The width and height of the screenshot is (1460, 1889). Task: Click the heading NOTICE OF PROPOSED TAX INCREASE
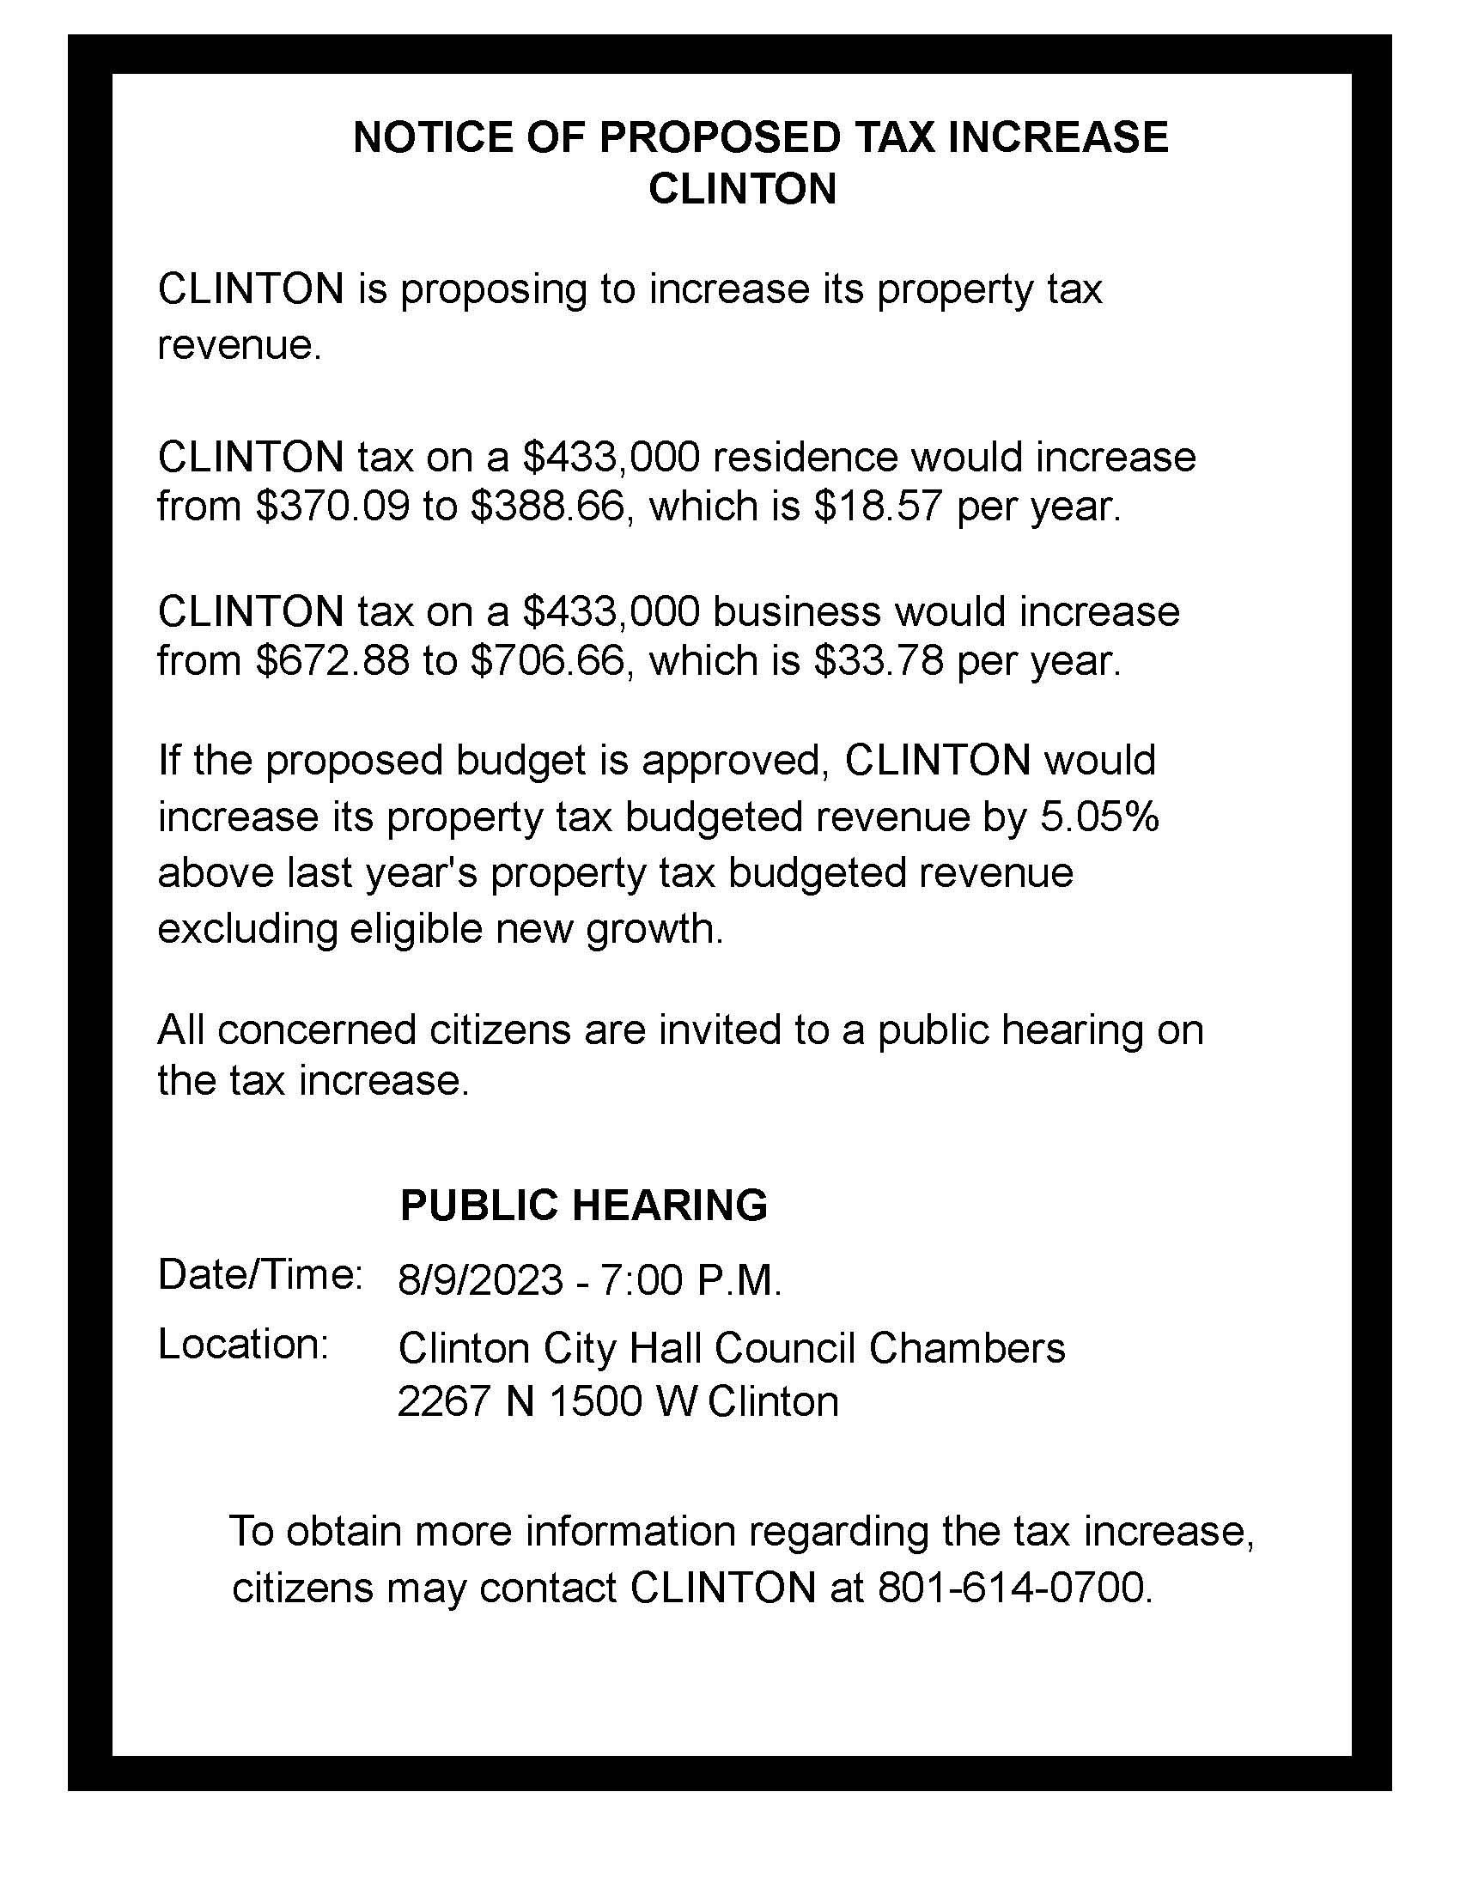pyautogui.click(x=760, y=137)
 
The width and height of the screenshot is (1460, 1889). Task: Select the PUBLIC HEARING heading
pyautogui.click(x=584, y=1205)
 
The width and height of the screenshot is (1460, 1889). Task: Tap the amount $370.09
pyautogui.click(x=332, y=506)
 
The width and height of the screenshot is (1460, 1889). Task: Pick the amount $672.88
pyautogui.click(x=332, y=661)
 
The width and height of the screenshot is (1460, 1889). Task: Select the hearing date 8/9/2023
pyautogui.click(x=480, y=1280)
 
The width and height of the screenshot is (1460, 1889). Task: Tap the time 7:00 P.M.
pyautogui.click(x=690, y=1280)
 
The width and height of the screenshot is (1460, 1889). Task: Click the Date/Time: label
pyautogui.click(x=259, y=1275)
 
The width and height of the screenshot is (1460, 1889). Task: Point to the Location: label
pyautogui.click(x=243, y=1344)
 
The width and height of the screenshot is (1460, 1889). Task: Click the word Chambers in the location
pyautogui.click(x=966, y=1347)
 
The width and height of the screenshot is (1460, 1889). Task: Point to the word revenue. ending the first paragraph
pyautogui.click(x=240, y=346)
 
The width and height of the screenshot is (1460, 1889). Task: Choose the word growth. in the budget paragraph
pyautogui.click(x=654, y=929)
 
